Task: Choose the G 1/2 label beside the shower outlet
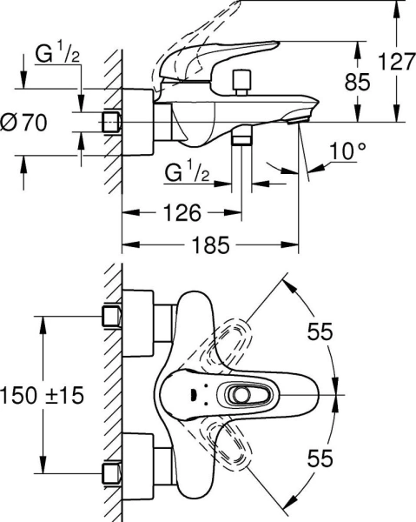(x=185, y=173)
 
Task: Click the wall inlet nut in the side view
(x=110, y=123)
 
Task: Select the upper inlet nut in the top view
(x=110, y=316)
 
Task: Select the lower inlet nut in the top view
(x=110, y=474)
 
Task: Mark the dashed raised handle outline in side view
(x=182, y=39)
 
